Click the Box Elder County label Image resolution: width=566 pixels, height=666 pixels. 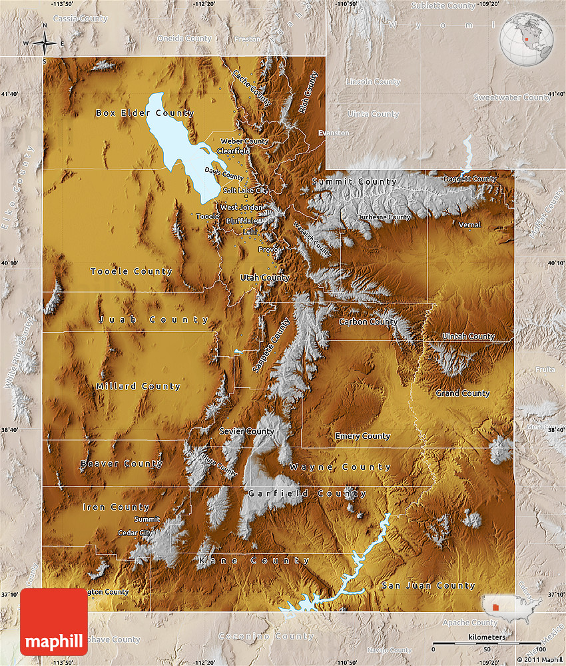tap(144, 113)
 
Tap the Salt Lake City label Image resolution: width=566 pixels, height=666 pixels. tap(246, 191)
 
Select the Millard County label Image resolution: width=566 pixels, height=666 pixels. tap(138, 387)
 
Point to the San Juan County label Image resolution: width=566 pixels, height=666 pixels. tap(428, 586)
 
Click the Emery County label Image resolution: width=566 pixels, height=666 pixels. tap(362, 436)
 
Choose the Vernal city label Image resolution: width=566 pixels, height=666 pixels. tap(469, 225)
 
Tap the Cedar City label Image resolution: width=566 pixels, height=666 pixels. tap(135, 533)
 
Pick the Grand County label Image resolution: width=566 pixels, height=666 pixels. tap(462, 393)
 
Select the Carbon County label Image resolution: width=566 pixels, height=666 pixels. tap(368, 322)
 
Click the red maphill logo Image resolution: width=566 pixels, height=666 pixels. tap(54, 622)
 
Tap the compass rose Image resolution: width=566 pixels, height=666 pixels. tap(44, 43)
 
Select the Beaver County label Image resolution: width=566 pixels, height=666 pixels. tap(121, 463)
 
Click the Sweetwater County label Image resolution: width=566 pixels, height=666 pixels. tap(511, 97)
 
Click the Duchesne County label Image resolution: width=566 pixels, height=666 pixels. tap(384, 217)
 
